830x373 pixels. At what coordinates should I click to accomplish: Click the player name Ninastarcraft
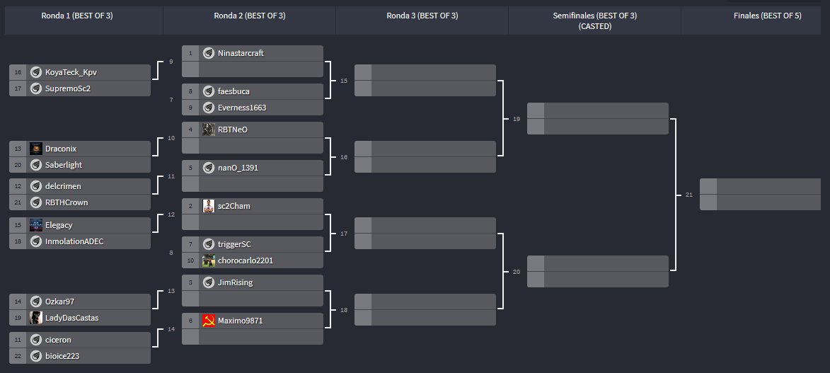(x=241, y=53)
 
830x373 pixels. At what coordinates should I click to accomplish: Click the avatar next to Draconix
(x=36, y=149)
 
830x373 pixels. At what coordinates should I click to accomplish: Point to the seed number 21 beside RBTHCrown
(x=18, y=202)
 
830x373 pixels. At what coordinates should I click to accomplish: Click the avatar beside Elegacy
(x=36, y=225)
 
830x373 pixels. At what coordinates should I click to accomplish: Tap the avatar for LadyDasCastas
(x=36, y=318)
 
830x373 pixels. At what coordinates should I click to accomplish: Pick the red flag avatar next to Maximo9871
(x=209, y=321)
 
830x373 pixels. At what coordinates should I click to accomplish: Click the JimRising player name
(x=235, y=282)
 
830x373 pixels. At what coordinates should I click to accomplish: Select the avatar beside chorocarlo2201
(x=209, y=260)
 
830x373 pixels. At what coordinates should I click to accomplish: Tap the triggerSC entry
(x=234, y=244)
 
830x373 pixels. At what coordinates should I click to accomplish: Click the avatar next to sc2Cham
(x=209, y=206)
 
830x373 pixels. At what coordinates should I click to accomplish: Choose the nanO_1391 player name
(x=238, y=168)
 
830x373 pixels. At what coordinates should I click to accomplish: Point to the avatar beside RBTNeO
(x=209, y=130)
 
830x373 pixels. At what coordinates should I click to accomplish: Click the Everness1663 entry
(x=241, y=108)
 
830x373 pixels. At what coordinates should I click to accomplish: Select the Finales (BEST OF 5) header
(x=767, y=16)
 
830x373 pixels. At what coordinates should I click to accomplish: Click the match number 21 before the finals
(x=689, y=195)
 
